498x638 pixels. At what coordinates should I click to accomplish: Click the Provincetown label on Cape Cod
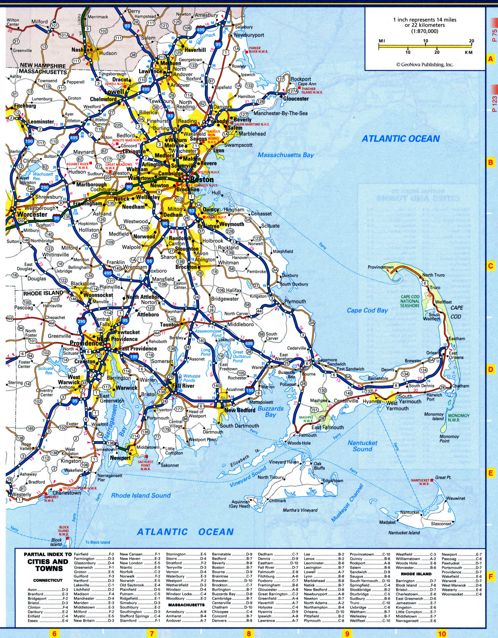(380, 267)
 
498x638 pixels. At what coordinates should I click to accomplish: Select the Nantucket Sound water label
(362, 446)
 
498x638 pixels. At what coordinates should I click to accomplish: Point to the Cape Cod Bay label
(367, 310)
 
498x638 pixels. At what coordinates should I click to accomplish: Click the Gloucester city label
(296, 99)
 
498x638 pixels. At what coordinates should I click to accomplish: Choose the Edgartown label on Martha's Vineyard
(333, 481)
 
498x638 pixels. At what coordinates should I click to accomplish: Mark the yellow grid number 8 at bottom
(248, 632)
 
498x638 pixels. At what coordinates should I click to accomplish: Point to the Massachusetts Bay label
(285, 155)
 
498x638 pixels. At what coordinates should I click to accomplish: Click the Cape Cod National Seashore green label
(410, 301)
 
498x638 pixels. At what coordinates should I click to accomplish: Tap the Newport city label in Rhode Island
(120, 458)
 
